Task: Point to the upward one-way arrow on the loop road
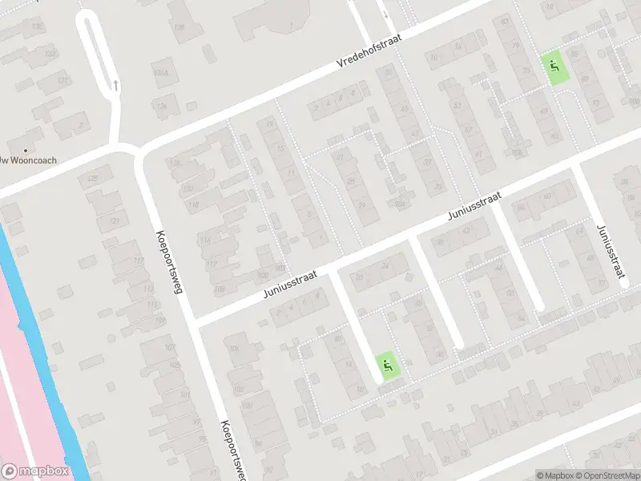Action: coord(116,83)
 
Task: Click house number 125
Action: coord(94,178)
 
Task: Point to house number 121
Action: coord(114,221)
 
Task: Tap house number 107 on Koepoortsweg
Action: coord(170,347)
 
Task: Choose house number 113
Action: coord(148,288)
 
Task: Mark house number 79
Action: coord(526,71)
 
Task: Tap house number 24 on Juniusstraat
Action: coord(385,266)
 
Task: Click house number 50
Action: coord(510,293)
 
